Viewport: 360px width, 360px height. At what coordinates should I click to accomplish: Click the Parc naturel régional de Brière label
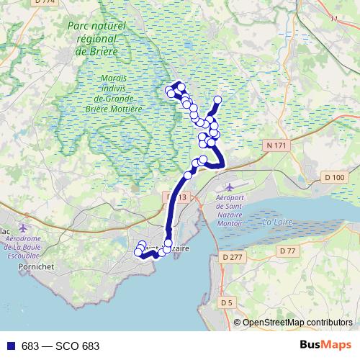coord(99,38)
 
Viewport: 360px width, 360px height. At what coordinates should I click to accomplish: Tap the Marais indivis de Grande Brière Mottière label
coord(118,94)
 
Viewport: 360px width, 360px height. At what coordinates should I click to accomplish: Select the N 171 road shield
coord(276,145)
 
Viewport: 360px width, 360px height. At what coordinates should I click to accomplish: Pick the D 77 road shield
coord(288,251)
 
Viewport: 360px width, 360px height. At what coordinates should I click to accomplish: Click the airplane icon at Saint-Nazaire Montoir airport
coord(229,187)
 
